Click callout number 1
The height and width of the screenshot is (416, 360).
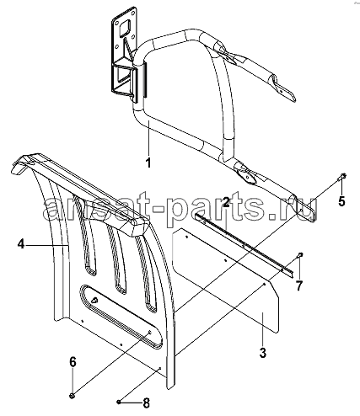pyautogui.click(x=148, y=163)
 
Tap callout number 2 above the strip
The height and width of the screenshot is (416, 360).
pyautogui.click(x=226, y=202)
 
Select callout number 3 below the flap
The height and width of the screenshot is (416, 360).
pyautogui.click(x=263, y=353)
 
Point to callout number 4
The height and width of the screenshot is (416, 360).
pyautogui.click(x=21, y=244)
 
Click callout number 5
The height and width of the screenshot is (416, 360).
pyautogui.click(x=341, y=201)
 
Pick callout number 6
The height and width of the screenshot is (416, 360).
pyautogui.click(x=73, y=362)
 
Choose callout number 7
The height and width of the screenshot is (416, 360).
pyautogui.click(x=298, y=286)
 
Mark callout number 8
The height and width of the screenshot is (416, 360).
pyautogui.click(x=146, y=403)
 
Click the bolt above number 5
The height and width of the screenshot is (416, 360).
pyautogui.click(x=342, y=176)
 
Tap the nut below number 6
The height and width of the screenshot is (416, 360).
pyautogui.click(x=73, y=396)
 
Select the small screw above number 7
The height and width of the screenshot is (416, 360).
pyautogui.click(x=300, y=254)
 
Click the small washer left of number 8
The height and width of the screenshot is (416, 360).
pyautogui.click(x=119, y=403)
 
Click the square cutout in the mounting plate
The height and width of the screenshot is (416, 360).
pyautogui.click(x=124, y=28)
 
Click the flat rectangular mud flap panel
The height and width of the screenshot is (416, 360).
pyautogui.click(x=226, y=280)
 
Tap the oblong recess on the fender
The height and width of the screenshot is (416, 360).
pyautogui.click(x=121, y=316)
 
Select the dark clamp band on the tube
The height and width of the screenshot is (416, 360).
pyautogui.click(x=144, y=80)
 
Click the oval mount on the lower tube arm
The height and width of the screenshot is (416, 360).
pyautogui.click(x=246, y=175)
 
